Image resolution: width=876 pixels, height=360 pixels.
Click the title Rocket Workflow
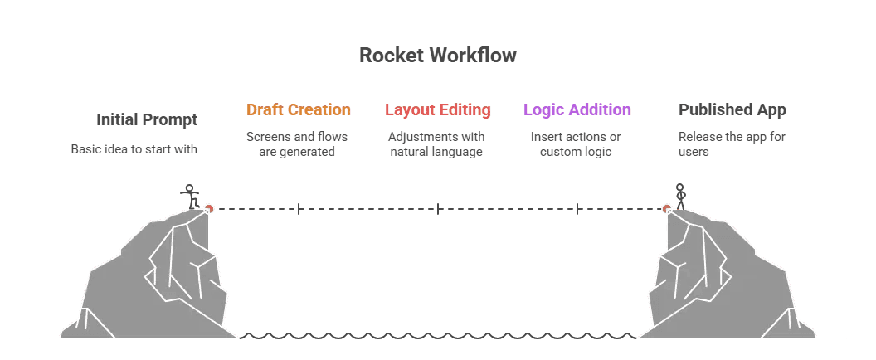[x=437, y=56]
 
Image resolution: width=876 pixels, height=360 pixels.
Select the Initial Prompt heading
[x=147, y=119]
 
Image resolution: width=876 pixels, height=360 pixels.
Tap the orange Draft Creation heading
[x=299, y=109]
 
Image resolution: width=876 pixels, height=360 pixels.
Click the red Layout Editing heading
[x=437, y=109]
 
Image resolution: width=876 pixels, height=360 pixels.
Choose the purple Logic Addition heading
[x=577, y=109]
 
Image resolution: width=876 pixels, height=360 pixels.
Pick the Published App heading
[x=732, y=109]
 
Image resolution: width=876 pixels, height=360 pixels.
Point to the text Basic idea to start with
[x=134, y=150]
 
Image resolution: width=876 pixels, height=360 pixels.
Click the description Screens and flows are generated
[x=297, y=144]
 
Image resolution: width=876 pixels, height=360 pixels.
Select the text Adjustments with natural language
[x=436, y=144]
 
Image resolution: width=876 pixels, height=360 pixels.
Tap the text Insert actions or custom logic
[x=576, y=144]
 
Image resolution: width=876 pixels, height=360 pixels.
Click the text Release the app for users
[x=731, y=144]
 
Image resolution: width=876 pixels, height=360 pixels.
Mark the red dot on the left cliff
[x=209, y=209]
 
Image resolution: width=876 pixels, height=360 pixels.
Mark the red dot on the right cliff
[x=667, y=209]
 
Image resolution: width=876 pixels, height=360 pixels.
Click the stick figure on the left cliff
[x=191, y=197]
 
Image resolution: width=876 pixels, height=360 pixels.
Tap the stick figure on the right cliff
[x=680, y=197]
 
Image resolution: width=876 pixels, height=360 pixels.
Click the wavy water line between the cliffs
[x=437, y=337]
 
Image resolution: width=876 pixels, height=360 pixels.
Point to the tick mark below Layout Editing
[x=438, y=209]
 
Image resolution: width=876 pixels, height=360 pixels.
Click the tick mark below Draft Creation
[x=299, y=209]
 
